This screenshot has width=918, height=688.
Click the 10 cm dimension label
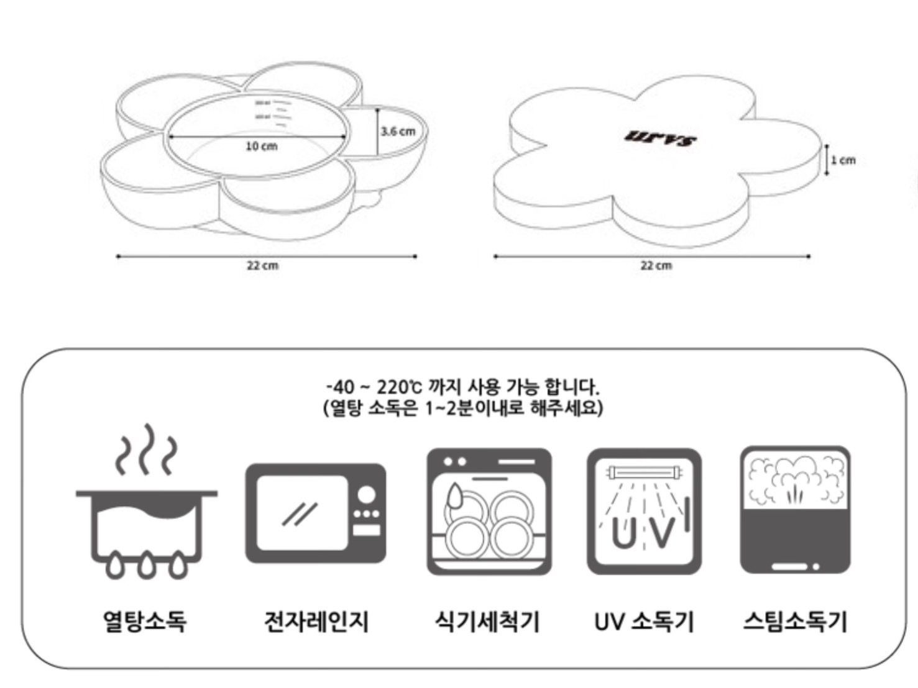coord(261,147)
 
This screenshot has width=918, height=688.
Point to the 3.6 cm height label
coord(397,131)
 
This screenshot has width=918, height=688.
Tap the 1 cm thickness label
coord(843,160)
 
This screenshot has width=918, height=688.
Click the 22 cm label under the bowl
coord(262,265)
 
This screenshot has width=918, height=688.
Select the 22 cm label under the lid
coord(656,265)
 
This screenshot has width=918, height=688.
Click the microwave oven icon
coord(315,514)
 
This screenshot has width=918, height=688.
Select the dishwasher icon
coord(489,512)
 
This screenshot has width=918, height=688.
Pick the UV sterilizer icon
coord(644,512)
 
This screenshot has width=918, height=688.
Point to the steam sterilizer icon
coord(795,510)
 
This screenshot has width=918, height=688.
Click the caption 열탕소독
coord(145,620)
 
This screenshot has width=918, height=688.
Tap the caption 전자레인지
coord(316,620)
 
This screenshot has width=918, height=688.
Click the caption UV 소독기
coord(644,620)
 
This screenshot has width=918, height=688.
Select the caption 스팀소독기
coord(795,620)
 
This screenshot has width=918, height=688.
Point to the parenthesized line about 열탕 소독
coord(462,409)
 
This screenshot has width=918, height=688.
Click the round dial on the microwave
coord(367,494)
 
